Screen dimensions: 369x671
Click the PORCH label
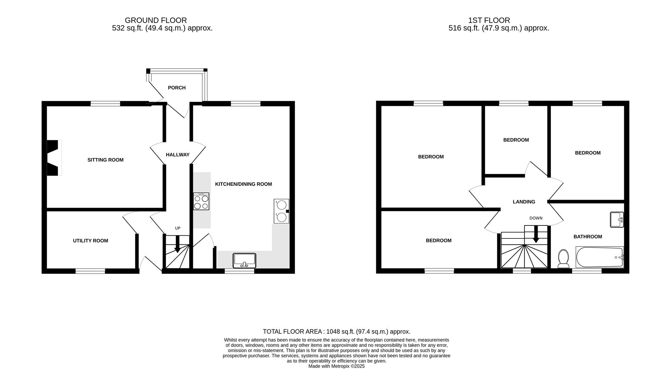(176, 88)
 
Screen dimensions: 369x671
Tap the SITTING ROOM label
(105, 160)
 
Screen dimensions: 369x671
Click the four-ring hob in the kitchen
(201, 201)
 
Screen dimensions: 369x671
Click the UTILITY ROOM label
(91, 241)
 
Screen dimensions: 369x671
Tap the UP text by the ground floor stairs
(178, 228)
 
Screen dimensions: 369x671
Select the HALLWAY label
(178, 155)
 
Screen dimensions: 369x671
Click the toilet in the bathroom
(563, 258)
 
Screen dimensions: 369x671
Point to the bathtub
(599, 257)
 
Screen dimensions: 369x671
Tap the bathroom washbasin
(617, 220)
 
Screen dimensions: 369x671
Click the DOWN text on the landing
(536, 218)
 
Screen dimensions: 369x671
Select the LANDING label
(524, 202)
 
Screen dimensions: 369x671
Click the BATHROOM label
(587, 237)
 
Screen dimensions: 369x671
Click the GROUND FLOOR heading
(156, 20)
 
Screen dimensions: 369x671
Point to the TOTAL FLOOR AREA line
(336, 332)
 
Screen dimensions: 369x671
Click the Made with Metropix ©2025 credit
(336, 366)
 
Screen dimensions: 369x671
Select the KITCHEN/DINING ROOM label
(243, 184)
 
